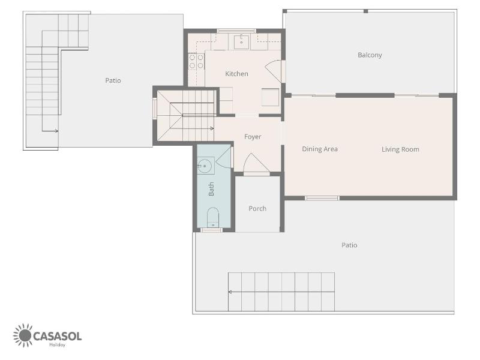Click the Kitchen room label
click(236, 74)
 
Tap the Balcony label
click(370, 55)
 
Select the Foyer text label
click(253, 137)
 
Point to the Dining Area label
click(320, 149)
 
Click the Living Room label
click(400, 149)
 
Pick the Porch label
click(257, 208)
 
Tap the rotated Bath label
click(211, 189)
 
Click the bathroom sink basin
click(205, 166)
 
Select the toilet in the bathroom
click(213, 217)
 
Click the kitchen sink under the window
click(242, 42)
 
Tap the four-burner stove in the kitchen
click(196, 61)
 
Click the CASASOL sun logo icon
click(23, 335)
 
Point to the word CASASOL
click(57, 336)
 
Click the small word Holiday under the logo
click(57, 345)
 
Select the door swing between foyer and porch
click(256, 162)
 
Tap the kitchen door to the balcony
click(274, 71)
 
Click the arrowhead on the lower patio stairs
click(230, 292)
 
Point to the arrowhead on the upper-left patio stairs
click(56, 131)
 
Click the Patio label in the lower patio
click(349, 245)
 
